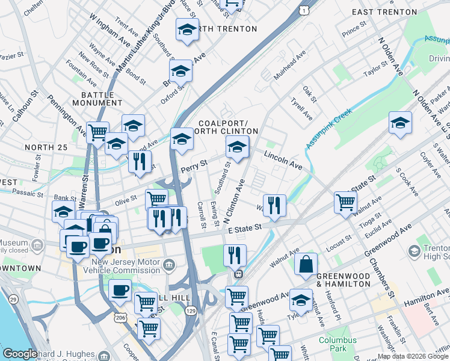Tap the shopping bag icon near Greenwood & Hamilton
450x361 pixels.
(x=306, y=264)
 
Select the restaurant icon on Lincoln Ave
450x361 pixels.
(x=274, y=205)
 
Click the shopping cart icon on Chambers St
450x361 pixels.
(x=345, y=202)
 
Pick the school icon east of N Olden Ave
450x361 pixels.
(x=400, y=124)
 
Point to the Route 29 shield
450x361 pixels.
(x=13, y=299)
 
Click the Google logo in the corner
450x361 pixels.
(x=20, y=354)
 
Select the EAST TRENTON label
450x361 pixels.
(x=384, y=12)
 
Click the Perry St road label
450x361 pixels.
(x=194, y=164)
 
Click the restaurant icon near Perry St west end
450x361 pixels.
(x=139, y=162)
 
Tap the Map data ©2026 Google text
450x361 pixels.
(x=413, y=356)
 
